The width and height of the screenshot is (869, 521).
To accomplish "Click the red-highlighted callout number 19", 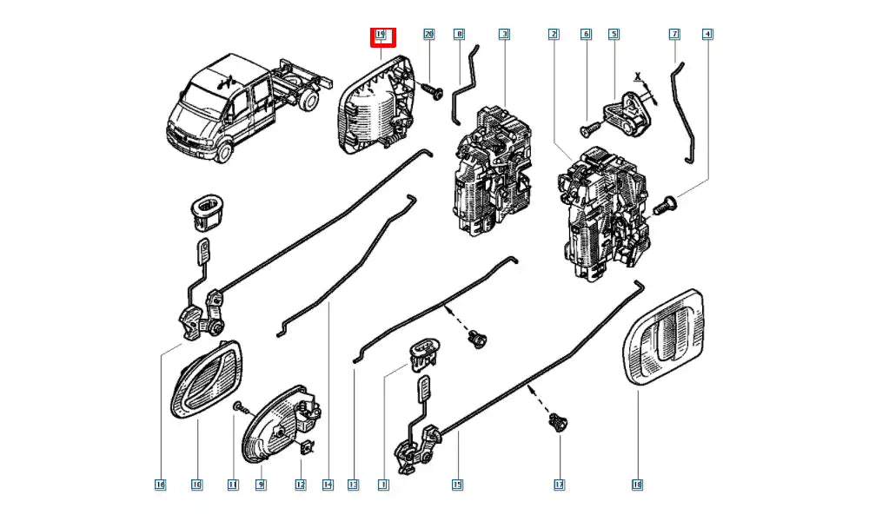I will pyautogui.click(x=381, y=35).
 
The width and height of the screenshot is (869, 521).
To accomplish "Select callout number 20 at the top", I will pyautogui.click(x=428, y=34).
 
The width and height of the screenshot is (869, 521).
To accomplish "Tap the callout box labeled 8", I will pyautogui.click(x=459, y=34).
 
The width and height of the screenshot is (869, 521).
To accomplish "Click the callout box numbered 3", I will pyautogui.click(x=504, y=34).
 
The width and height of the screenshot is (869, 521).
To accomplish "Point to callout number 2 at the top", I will pyautogui.click(x=553, y=34).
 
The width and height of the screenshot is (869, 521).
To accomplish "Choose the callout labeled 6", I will pyautogui.click(x=586, y=34).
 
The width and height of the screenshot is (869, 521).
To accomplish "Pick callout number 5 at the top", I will pyautogui.click(x=614, y=34).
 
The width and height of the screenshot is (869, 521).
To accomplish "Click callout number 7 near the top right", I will pyautogui.click(x=674, y=34).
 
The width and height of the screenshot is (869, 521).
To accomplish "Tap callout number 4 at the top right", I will pyautogui.click(x=708, y=34).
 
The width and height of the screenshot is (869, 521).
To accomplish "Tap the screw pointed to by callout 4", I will pyautogui.click(x=667, y=205).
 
